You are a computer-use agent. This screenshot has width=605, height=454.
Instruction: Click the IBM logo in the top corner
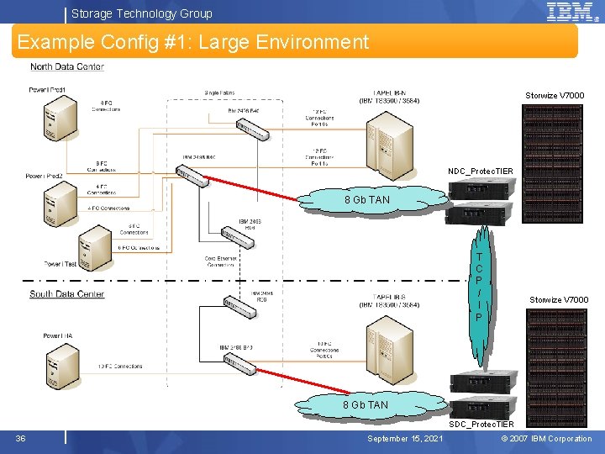[x=571, y=12]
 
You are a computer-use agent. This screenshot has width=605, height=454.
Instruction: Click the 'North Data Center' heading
[x=67, y=67]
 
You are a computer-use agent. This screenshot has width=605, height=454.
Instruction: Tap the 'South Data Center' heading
[x=67, y=293]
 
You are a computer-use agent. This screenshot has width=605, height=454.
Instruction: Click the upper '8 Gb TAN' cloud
[x=367, y=200]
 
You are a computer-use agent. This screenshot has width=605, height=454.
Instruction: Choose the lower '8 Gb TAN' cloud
[x=366, y=404]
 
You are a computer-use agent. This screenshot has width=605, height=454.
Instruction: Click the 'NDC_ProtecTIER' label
[x=480, y=172]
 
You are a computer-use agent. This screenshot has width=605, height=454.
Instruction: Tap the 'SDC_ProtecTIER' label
[x=481, y=425]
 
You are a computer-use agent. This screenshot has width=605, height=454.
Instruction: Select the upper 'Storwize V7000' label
[x=555, y=96]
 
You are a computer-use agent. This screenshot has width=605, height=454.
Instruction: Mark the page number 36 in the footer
[x=20, y=438]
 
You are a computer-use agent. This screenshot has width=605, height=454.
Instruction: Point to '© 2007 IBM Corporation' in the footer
[x=546, y=439]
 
